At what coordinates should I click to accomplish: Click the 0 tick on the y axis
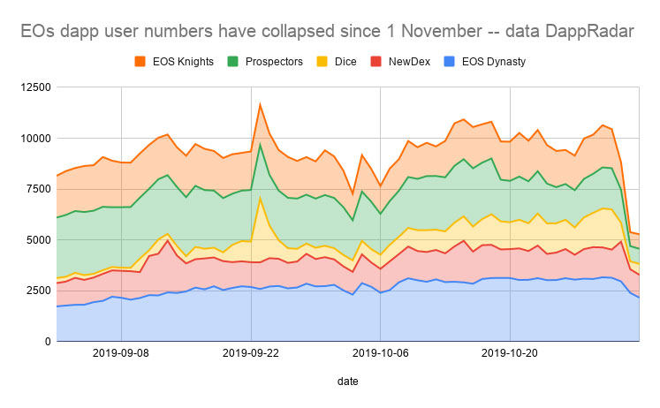43,342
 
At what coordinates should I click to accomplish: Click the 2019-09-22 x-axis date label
252,352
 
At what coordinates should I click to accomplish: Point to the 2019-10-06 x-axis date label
381,352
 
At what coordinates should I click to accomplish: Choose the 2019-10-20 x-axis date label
510,352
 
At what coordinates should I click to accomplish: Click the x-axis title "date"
347,381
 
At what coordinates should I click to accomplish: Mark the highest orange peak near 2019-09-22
260,103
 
